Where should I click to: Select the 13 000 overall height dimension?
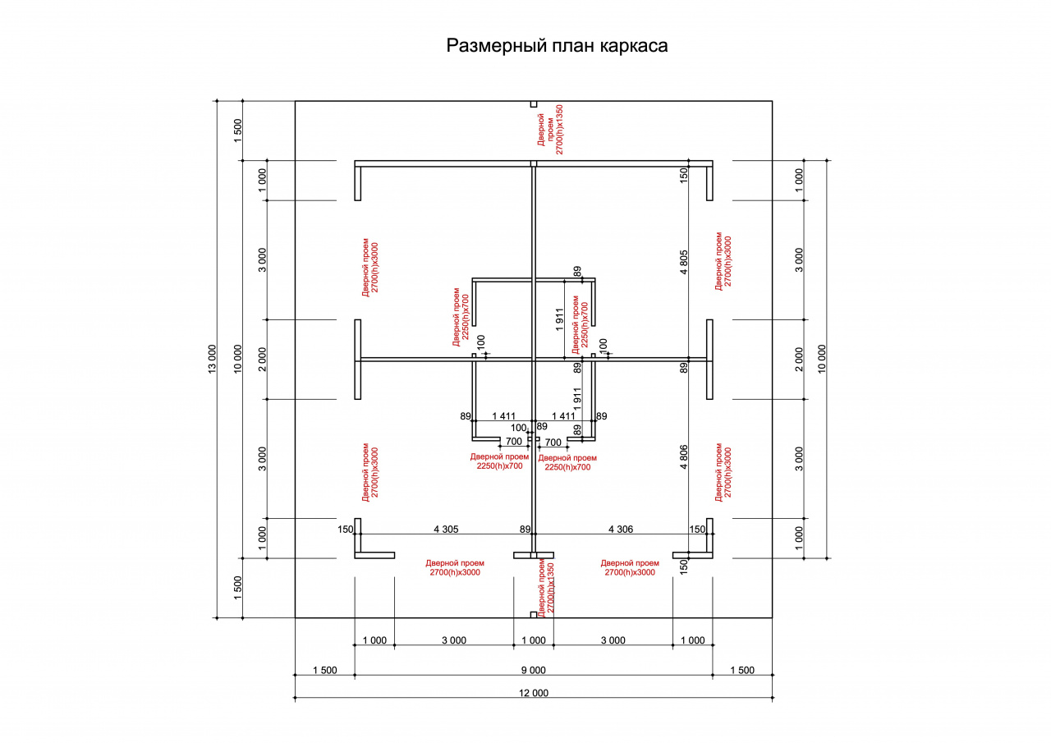coord(212,360)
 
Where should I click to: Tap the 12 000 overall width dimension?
coord(534,693)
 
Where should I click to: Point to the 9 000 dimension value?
coord(534,670)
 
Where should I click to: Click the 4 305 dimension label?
coord(446,529)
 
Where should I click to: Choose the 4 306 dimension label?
coord(621,529)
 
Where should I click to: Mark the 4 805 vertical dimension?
coord(684,262)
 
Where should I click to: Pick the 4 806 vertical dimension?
coord(684,456)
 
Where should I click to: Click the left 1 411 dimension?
coord(503,416)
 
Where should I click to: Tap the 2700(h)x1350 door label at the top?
coord(559,130)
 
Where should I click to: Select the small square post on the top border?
coord(534,104)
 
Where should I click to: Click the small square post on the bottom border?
coord(534,614)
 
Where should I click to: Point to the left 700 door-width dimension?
coord(514,442)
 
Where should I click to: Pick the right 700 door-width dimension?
coord(553,443)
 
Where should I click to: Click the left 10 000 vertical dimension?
coord(238,360)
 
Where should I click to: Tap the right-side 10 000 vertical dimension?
coord(822,360)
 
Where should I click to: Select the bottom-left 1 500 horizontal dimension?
coord(324,670)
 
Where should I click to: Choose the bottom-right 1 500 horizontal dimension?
coord(742,670)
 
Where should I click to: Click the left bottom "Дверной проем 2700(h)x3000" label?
coord(455,567)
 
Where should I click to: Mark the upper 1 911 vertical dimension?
coord(559,319)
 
